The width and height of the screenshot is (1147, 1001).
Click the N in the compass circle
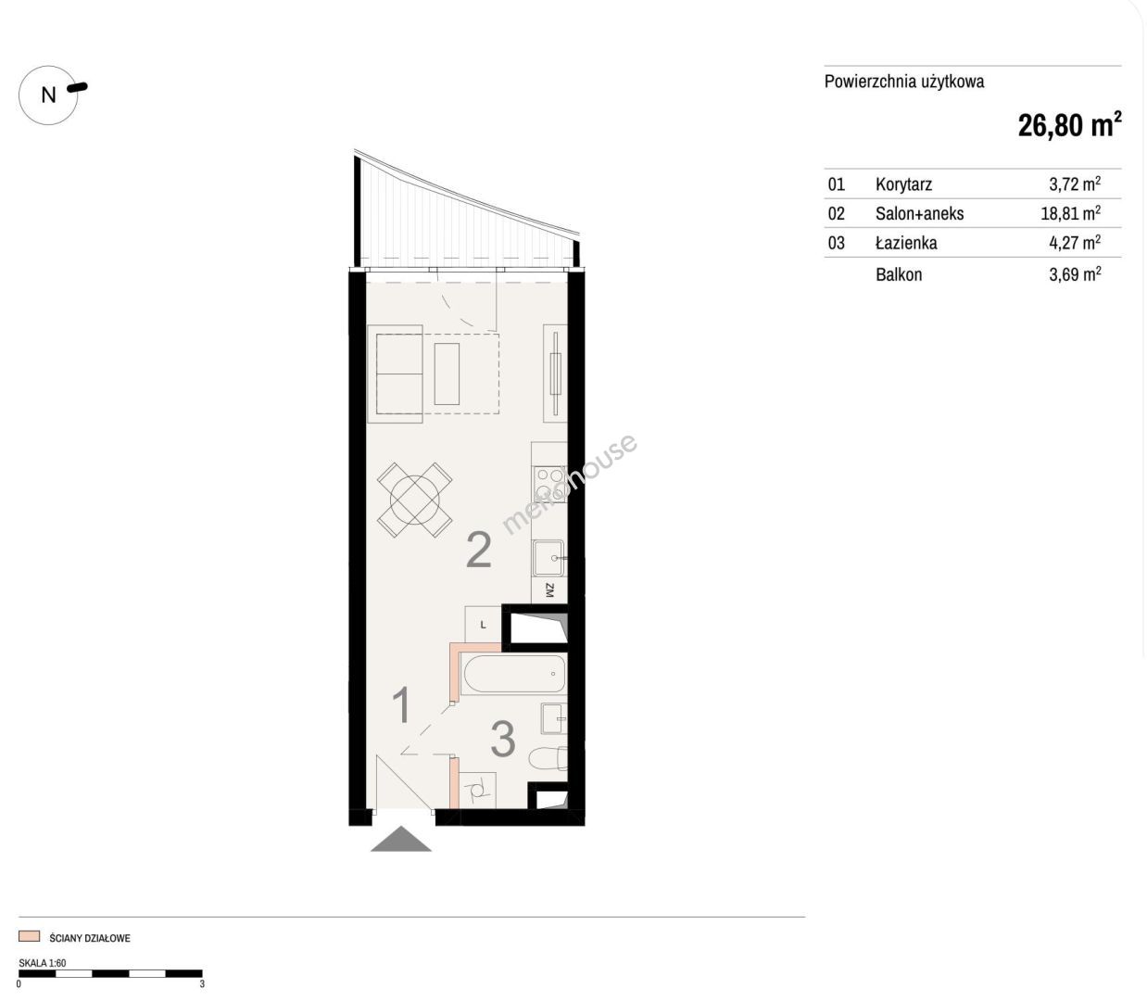click(x=49, y=95)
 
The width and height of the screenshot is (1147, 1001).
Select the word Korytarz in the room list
click(x=903, y=184)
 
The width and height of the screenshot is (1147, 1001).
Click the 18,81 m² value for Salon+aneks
click(x=1071, y=213)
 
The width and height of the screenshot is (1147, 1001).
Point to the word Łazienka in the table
click(x=906, y=243)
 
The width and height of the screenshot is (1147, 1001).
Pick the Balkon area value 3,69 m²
click(x=1075, y=274)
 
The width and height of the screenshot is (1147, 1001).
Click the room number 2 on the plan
click(x=479, y=551)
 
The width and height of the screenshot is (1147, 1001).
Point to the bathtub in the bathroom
click(x=513, y=674)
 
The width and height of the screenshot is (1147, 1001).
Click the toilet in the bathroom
click(x=548, y=759)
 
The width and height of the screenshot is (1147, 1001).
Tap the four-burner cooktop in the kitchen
click(x=549, y=484)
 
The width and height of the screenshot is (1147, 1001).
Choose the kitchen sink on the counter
click(x=548, y=557)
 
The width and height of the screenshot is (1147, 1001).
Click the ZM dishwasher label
click(x=549, y=590)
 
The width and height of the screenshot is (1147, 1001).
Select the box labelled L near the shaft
click(x=484, y=624)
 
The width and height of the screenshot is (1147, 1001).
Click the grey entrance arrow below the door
click(x=401, y=839)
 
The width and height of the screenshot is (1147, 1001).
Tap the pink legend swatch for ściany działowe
click(x=29, y=936)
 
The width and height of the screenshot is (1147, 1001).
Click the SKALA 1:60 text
click(x=43, y=963)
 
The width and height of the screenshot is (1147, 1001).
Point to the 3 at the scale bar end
click(x=202, y=983)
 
